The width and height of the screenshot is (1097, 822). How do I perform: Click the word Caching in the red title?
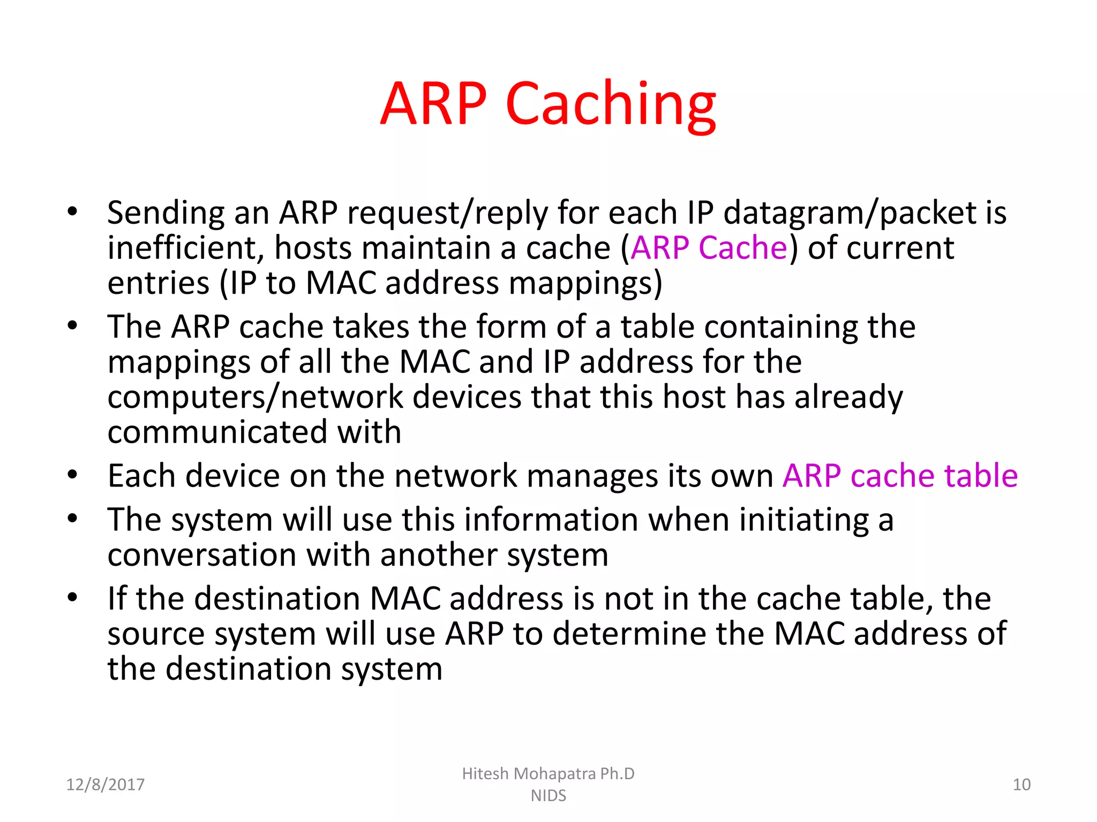pyautogui.click(x=610, y=104)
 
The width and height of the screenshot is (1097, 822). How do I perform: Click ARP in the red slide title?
pyautogui.click(x=433, y=104)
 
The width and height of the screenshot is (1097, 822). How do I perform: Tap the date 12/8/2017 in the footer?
pyautogui.click(x=105, y=785)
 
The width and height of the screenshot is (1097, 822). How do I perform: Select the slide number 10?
pyautogui.click(x=1021, y=785)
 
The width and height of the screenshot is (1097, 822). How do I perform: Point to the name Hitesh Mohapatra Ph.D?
pyautogui.click(x=548, y=773)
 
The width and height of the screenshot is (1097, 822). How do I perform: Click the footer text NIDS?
pyautogui.click(x=548, y=796)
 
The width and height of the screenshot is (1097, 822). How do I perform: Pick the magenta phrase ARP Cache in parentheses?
pyautogui.click(x=709, y=248)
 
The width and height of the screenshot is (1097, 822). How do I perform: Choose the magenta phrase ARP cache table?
pyautogui.click(x=900, y=475)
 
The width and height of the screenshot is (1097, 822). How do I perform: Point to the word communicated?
pyautogui.click(x=217, y=432)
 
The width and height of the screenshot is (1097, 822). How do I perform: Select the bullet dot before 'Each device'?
pyautogui.click(x=72, y=474)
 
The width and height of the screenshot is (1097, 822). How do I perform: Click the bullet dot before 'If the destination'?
pyautogui.click(x=72, y=597)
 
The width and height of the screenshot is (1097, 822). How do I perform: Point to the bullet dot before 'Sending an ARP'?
pyautogui.click(x=72, y=211)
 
